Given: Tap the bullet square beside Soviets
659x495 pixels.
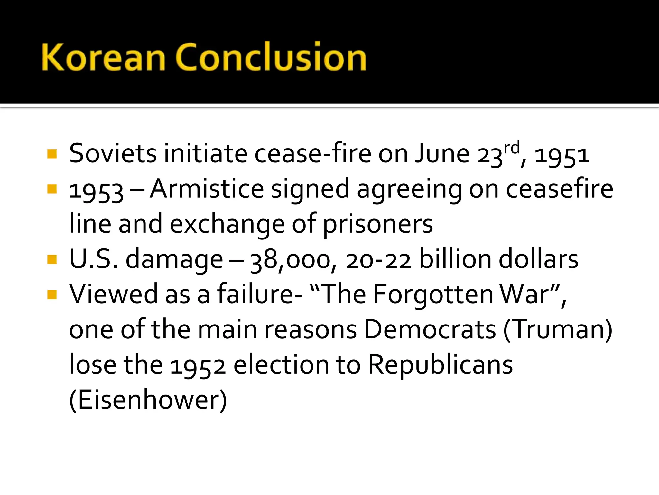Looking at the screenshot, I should (x=52, y=154).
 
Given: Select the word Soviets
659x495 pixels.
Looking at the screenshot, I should (x=113, y=154).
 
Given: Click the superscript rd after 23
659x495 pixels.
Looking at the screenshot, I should (x=512, y=148).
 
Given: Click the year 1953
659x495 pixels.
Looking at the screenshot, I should (x=96, y=191).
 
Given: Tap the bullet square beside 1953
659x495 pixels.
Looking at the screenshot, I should (x=52, y=189).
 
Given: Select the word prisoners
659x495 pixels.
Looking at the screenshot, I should (x=378, y=224).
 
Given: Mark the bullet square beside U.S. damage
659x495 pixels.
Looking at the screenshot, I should (x=52, y=259).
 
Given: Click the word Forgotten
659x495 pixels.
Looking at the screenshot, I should (x=433, y=295).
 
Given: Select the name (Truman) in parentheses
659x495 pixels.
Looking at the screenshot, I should (x=558, y=330).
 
